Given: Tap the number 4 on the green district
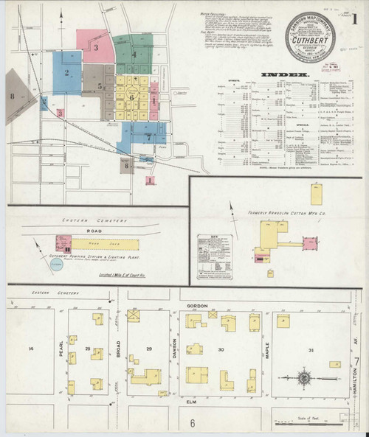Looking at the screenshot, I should tap(134, 54).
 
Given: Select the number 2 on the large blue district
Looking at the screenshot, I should tap(66, 72).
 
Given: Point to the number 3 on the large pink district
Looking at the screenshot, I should tap(96, 47).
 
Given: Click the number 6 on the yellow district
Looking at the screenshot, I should tap(131, 97).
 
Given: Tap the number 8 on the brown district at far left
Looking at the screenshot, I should tap(12, 96).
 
